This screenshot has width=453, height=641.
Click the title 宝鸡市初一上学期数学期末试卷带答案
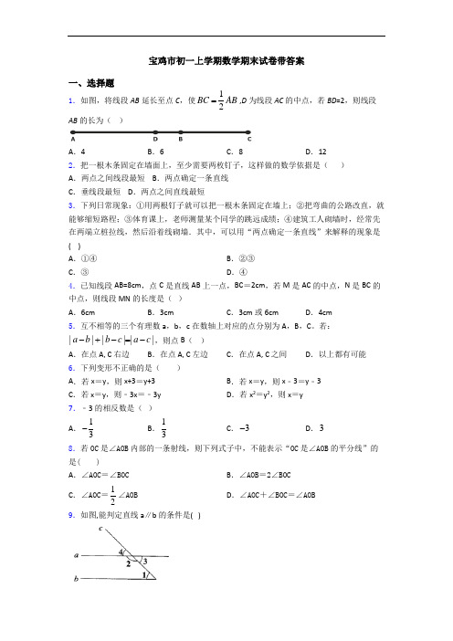pyautogui.click(x=226, y=62)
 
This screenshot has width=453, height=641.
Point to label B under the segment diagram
pyautogui.click(x=180, y=140)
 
